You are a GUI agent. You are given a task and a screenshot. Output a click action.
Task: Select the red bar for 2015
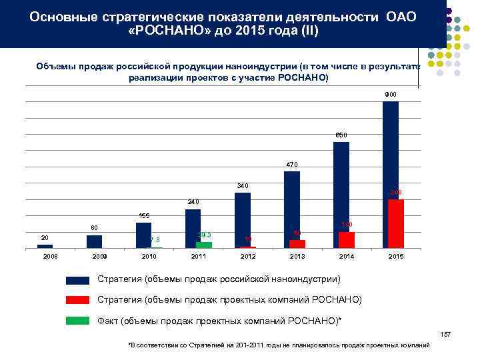tap(396, 224)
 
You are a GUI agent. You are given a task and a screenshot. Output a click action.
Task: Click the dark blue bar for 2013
tap(292, 209)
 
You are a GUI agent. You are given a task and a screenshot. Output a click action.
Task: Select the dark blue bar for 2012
tap(243, 220)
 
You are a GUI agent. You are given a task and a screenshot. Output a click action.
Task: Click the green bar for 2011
tap(204, 245)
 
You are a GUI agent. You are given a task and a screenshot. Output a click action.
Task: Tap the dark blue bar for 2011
tap(193, 229)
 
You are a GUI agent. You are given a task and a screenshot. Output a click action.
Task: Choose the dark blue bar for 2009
tap(95, 241)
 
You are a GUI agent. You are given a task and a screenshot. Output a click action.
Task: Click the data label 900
tap(391, 95)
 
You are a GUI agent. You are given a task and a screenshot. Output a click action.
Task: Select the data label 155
tap(144, 216)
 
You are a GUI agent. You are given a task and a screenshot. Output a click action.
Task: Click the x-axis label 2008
tap(45, 256)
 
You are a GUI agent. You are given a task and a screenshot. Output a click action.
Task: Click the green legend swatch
tap(78, 320)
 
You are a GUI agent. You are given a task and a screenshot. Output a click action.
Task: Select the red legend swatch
tap(78, 299)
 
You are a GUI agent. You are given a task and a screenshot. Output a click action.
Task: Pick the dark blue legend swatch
tap(78, 279)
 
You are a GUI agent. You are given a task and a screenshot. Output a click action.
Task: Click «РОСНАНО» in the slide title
tap(167, 31)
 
